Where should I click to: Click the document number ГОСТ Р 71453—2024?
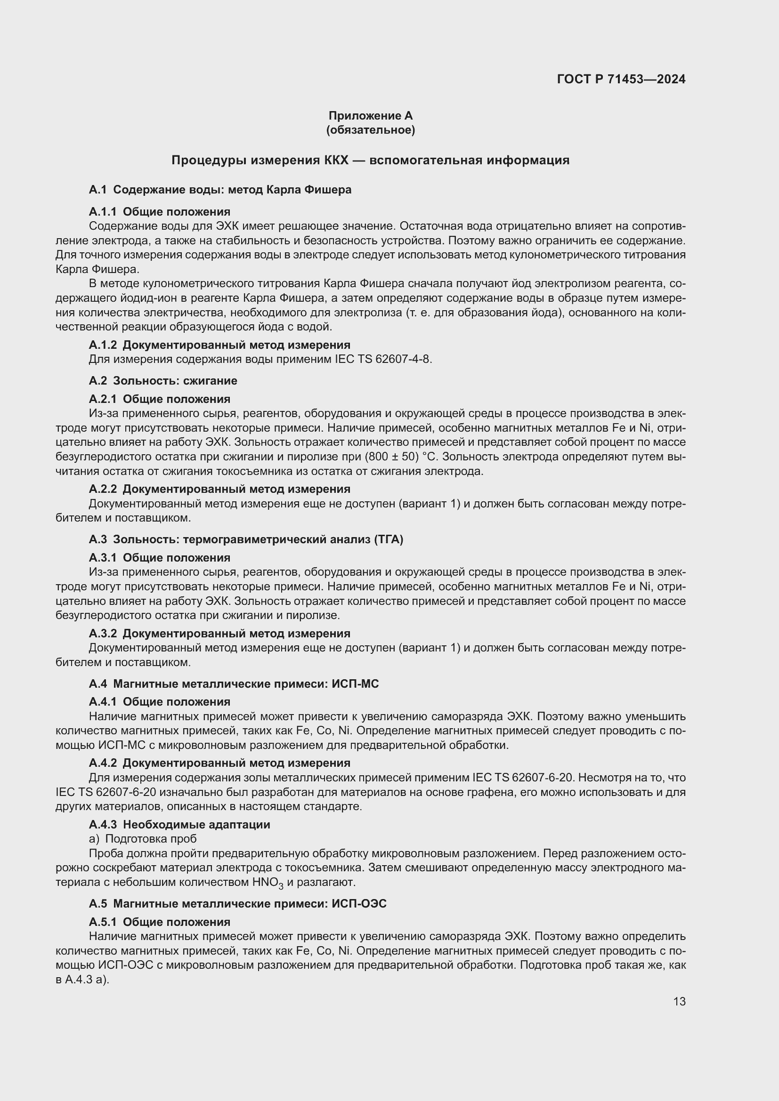(x=621, y=79)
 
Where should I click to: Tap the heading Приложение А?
(x=370, y=116)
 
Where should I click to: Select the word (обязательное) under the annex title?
(x=370, y=130)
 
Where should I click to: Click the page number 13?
(x=679, y=1001)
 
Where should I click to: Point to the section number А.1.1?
(x=102, y=211)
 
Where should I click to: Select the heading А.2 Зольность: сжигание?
(x=163, y=381)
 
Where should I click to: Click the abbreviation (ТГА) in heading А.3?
(x=387, y=539)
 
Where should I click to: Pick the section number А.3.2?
(x=103, y=634)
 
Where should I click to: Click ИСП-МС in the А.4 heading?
(x=355, y=684)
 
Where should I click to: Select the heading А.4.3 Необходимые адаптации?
(x=179, y=824)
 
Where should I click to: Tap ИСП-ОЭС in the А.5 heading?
(x=359, y=904)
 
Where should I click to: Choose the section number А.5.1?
(x=102, y=922)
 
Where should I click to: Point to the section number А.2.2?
(x=103, y=489)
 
